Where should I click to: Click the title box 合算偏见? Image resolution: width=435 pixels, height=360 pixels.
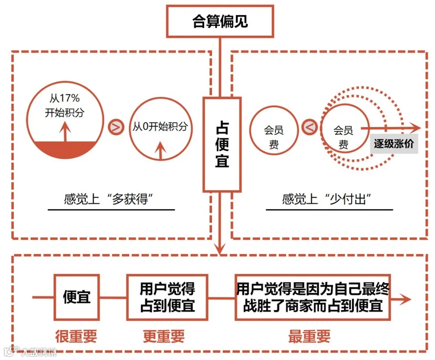219,21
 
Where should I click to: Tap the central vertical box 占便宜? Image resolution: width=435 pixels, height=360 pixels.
222,145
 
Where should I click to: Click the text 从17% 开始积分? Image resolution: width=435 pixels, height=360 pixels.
64,105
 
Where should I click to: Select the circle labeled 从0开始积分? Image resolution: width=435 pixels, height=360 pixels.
160,127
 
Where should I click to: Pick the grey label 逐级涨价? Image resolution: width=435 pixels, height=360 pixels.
394,144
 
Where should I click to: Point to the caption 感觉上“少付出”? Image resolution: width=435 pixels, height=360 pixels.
326,199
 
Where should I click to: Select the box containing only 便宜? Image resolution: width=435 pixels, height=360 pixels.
76,296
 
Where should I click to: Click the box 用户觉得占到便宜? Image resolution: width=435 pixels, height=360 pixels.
167,296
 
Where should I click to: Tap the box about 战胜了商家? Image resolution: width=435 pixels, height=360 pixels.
313,296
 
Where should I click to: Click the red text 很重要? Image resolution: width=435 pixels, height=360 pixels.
76,337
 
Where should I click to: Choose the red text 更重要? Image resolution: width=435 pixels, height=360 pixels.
164,337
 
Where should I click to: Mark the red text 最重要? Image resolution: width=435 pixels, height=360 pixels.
309,337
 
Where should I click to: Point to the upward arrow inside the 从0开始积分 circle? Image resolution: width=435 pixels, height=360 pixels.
160,150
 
